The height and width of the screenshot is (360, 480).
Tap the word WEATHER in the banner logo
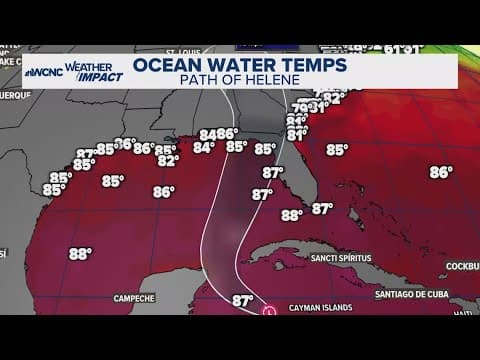click(89, 66)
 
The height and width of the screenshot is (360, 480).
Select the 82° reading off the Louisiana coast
click(168, 159)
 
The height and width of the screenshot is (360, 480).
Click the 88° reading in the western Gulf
click(81, 254)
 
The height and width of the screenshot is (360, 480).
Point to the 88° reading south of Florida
click(292, 214)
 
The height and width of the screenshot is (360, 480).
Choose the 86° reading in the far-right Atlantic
click(441, 172)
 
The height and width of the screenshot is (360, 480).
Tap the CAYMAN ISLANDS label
click(323, 309)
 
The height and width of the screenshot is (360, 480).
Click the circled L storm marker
click(269, 313)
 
